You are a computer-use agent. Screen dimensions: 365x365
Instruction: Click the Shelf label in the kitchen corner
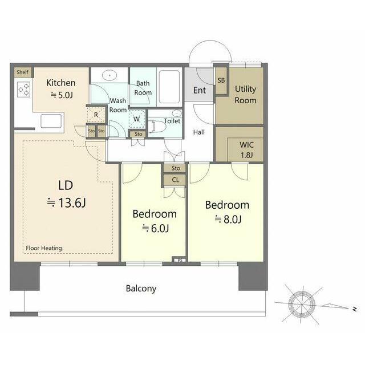pyautogui.click(x=23, y=72)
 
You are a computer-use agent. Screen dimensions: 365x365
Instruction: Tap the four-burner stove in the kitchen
pyautogui.click(x=24, y=90)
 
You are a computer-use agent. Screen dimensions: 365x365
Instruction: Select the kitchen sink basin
pyautogui.click(x=51, y=121)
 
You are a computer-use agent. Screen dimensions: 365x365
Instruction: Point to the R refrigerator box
pyautogui.click(x=96, y=115)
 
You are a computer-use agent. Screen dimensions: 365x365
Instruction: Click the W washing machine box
pyautogui.click(x=137, y=119)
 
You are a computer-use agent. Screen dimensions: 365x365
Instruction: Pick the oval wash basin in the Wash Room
pyautogui.click(x=109, y=75)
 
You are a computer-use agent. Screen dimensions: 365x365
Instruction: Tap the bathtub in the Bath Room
pyautogui.click(x=169, y=87)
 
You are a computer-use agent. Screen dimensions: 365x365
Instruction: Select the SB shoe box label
pyautogui.click(x=221, y=80)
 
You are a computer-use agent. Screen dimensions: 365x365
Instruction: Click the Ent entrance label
pyautogui.click(x=200, y=90)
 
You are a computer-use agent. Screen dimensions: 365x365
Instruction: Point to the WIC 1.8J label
pyautogui.click(x=246, y=149)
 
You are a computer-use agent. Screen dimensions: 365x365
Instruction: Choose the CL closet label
pyautogui.click(x=175, y=180)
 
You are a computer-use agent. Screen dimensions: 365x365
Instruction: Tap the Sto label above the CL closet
pyautogui.click(x=176, y=168)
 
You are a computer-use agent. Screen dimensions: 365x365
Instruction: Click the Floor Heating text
pyautogui.click(x=44, y=248)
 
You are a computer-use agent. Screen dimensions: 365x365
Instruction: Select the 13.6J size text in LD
pyautogui.click(x=72, y=202)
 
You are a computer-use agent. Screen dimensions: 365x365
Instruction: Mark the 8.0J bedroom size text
pyautogui.click(x=232, y=219)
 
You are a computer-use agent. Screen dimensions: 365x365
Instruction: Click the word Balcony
pyautogui.click(x=141, y=289)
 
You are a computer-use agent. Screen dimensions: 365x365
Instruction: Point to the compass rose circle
pyautogui.click(x=302, y=304)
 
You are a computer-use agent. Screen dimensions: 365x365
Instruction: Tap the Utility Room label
pyautogui.click(x=245, y=95)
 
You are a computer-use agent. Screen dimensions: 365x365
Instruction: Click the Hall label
pyautogui.click(x=199, y=132)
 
